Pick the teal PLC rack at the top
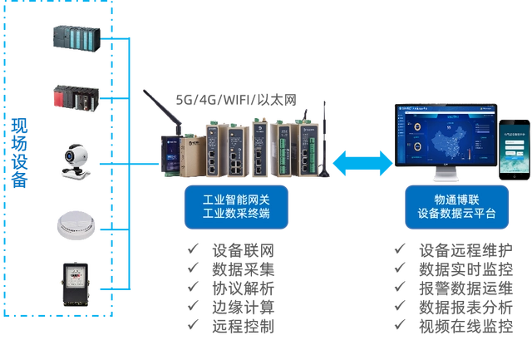(x=77, y=38)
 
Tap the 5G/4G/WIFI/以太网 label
(x=235, y=99)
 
